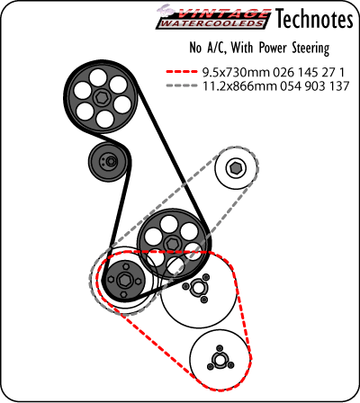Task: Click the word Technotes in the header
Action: [x=314, y=19]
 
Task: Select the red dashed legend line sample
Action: [x=182, y=72]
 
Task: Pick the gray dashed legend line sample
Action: [x=182, y=85]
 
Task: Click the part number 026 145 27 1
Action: [x=309, y=72]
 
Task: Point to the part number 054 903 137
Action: [x=315, y=86]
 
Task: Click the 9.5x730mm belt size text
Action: [x=237, y=72]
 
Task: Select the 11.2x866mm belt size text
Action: [x=239, y=86]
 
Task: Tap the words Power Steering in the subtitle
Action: [x=294, y=48]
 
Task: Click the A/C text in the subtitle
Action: [x=216, y=48]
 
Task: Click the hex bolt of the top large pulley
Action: [x=100, y=97]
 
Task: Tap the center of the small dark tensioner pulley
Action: [x=110, y=161]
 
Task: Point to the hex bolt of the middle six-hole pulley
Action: [x=172, y=243]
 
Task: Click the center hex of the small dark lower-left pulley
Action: [x=123, y=280]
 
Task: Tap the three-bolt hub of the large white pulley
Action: [x=197, y=288]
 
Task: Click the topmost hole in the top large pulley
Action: [x=98, y=78]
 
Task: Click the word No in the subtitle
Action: [x=195, y=48]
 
